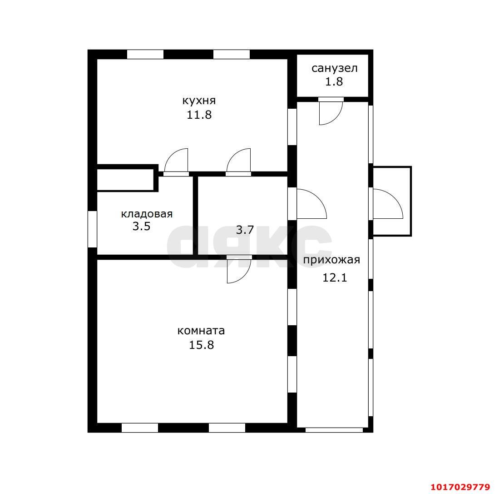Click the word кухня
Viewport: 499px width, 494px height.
(x=199, y=101)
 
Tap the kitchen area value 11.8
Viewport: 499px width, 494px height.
(x=199, y=115)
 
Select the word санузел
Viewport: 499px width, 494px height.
(x=335, y=68)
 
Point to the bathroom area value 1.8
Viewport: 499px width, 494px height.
(x=334, y=81)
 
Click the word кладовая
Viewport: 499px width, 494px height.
(x=147, y=214)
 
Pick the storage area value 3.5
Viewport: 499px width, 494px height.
(x=141, y=227)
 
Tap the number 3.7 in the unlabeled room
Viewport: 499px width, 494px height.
(x=245, y=230)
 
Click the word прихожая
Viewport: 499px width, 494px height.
(x=331, y=260)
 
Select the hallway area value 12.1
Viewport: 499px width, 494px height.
(x=335, y=277)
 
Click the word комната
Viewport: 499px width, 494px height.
(x=201, y=331)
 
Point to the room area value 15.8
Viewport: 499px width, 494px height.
(x=202, y=345)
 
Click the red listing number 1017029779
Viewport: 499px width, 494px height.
(x=460, y=487)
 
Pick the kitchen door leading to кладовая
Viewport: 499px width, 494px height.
(x=170, y=155)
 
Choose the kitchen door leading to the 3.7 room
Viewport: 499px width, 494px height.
(x=233, y=155)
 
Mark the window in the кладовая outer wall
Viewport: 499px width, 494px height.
(x=92, y=229)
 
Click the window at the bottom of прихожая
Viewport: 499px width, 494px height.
(x=334, y=430)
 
